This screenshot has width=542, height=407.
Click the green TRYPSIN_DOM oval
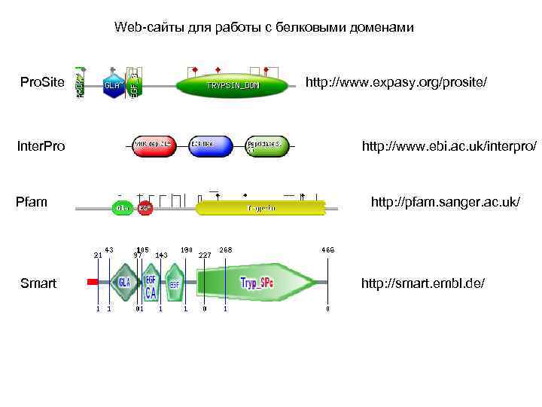tap(233, 86)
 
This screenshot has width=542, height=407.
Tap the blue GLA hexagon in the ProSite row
tap(112, 86)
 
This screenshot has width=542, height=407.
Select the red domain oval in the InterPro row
tap(154, 146)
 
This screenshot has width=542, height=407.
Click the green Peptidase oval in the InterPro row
tap(267, 146)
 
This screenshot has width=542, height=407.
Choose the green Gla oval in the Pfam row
tap(122, 207)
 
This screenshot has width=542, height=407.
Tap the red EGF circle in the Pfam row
tap(145, 207)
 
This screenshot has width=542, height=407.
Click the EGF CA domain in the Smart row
tap(151, 284)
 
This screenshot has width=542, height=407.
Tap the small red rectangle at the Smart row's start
tap(93, 282)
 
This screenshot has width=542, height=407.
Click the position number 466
tap(327, 249)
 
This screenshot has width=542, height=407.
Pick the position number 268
tap(225, 249)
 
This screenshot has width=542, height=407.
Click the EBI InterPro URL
tap(449, 145)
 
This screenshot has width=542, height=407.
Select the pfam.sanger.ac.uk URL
tap(445, 201)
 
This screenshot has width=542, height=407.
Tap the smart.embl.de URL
tap(423, 283)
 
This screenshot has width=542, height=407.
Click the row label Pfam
tap(32, 201)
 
